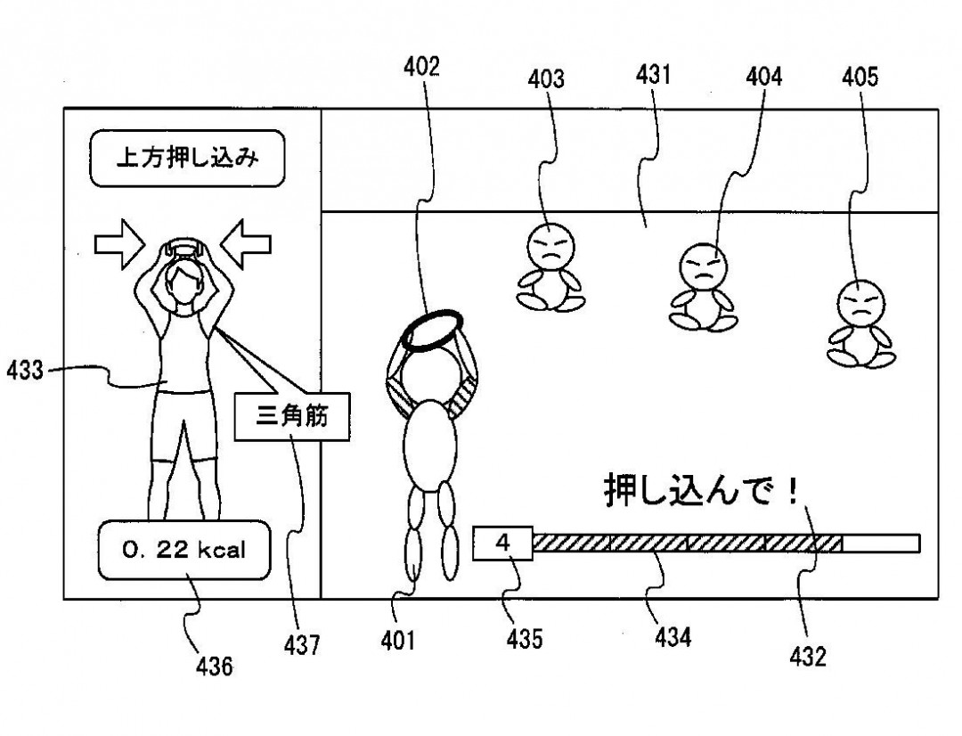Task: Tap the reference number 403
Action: pyautogui.click(x=546, y=79)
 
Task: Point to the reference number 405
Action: pyautogui.click(x=859, y=78)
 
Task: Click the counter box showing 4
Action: pyautogui.click(x=503, y=543)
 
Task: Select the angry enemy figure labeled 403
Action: pyautogui.click(x=550, y=266)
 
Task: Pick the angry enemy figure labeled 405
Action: pyautogui.click(x=860, y=323)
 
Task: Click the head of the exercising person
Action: pyautogui.click(x=183, y=280)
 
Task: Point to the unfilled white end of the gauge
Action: pyautogui.click(x=880, y=543)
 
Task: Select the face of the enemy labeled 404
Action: pyautogui.click(x=705, y=265)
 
